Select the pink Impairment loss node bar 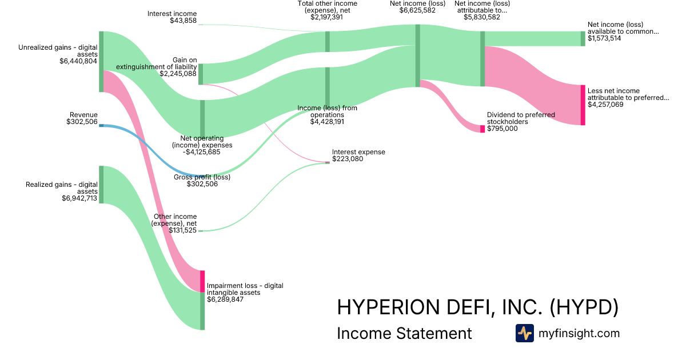coord(202,281)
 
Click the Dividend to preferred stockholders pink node coord(482,129)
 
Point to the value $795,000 coord(502,129)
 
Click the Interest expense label coord(358,152)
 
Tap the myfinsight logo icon coord(524,333)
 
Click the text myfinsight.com coord(579,333)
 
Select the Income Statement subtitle coord(404,333)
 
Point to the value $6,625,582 coord(417,10)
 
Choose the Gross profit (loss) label coord(202,177)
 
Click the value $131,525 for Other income coord(183,230)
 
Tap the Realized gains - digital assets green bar coord(101,184)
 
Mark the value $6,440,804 coord(78,61)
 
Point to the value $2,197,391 coord(327,17)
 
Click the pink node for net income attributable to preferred coord(583,105)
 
